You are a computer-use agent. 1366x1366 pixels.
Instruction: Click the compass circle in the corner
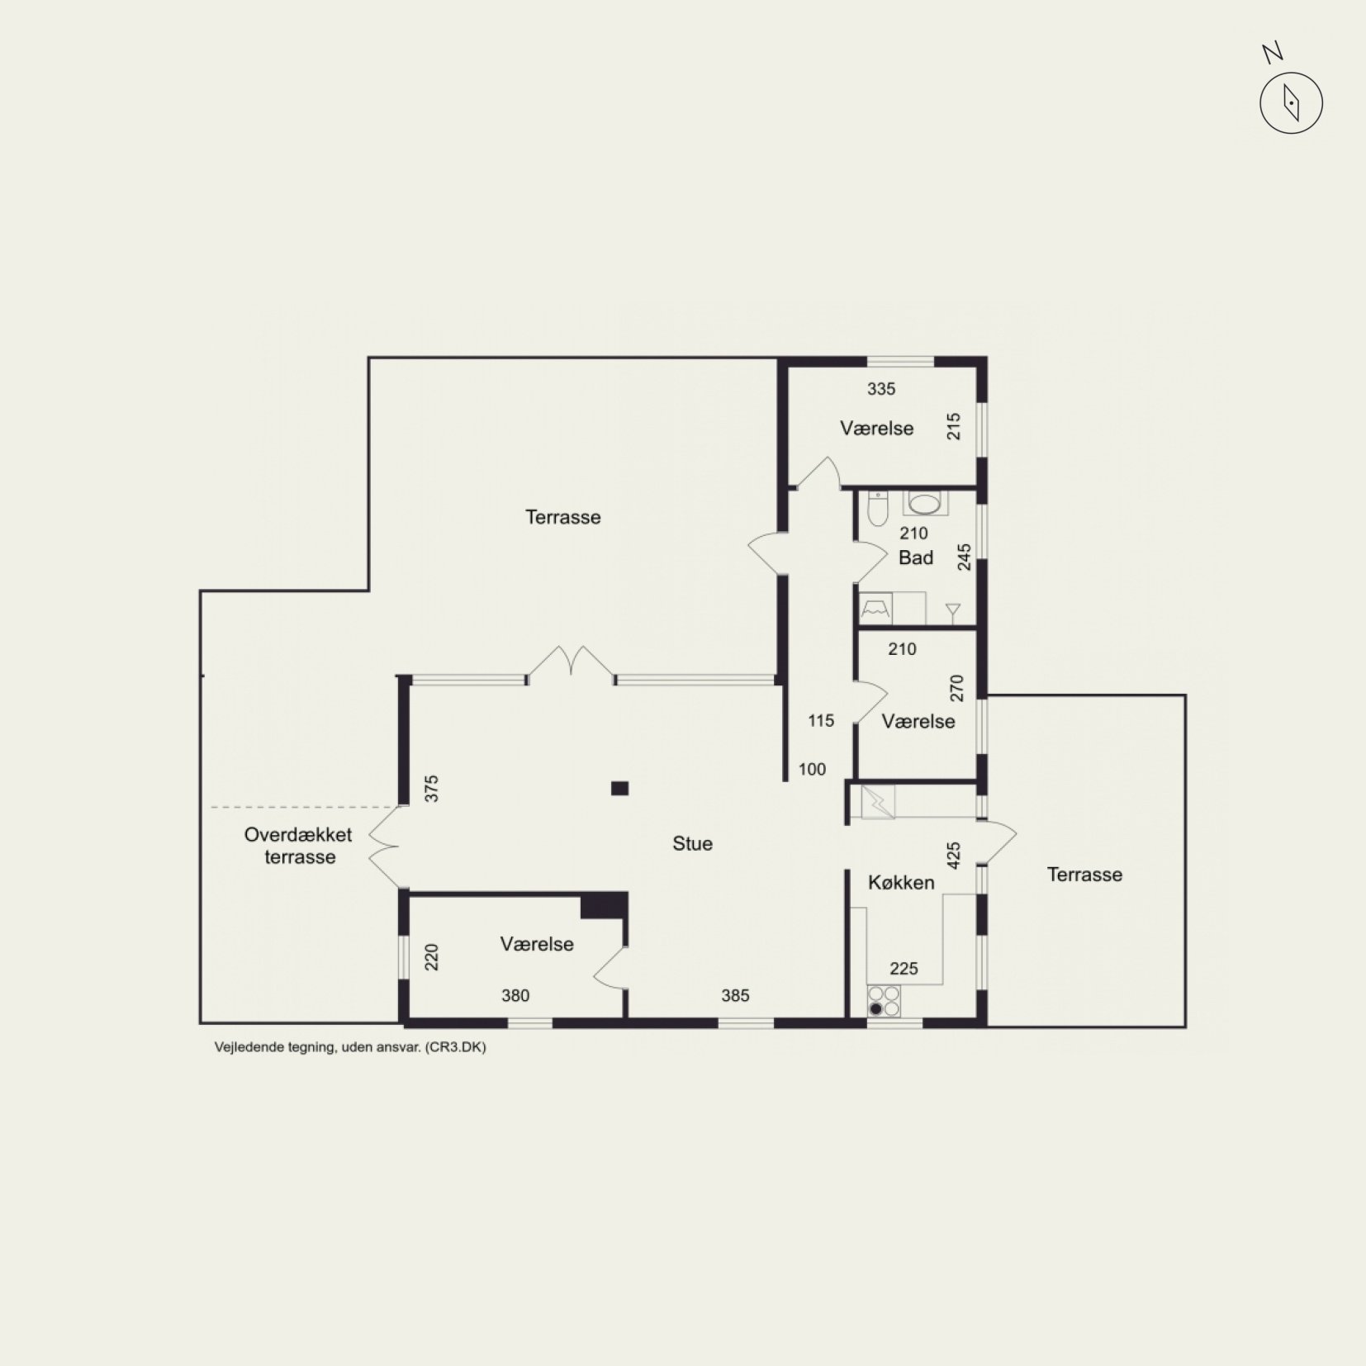pos(1291,103)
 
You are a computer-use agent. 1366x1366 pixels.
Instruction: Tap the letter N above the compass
pos(1273,54)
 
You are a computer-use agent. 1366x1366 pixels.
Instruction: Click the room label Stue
pos(692,843)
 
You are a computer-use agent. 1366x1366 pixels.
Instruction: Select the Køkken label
pos(901,882)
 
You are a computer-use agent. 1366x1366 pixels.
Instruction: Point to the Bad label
pos(916,557)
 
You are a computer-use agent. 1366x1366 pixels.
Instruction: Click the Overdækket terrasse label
pos(298,846)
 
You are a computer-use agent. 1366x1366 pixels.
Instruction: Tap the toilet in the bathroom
pos(877,508)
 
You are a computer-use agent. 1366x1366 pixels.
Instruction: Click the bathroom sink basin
pos(925,503)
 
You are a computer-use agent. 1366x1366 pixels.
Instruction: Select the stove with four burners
pos(884,1001)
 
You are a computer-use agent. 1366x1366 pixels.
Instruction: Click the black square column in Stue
pos(619,788)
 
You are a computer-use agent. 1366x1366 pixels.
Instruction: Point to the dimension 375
pos(431,788)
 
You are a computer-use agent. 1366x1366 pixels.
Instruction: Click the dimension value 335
pos(881,389)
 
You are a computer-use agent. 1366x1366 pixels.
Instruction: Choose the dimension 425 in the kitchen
pos(954,856)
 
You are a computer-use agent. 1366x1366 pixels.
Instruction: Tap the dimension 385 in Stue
pos(735,995)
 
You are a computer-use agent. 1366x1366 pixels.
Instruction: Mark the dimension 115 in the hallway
pos(821,720)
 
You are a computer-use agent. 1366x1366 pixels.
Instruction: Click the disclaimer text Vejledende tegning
pos(275,1047)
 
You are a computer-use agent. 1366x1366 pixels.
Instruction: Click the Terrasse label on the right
pos(1084,875)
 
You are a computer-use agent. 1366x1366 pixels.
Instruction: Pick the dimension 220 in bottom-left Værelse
pos(431,956)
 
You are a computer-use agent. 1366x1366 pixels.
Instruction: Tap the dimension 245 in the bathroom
pos(964,557)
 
